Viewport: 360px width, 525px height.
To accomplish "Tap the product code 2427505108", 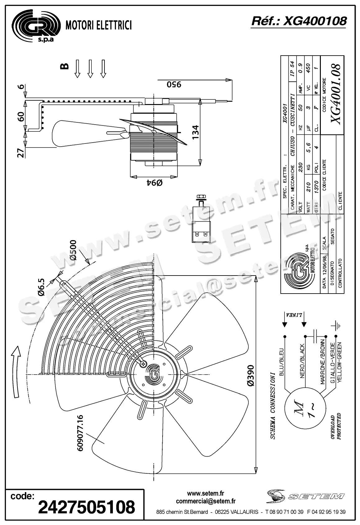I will (86, 507).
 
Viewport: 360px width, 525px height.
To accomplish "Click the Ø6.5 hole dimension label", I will (41, 287).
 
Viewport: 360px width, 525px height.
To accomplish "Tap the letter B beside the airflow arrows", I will (64, 66).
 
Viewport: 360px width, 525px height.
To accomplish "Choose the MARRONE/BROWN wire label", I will (322, 362).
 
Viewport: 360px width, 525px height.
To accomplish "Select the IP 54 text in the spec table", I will (292, 68).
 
